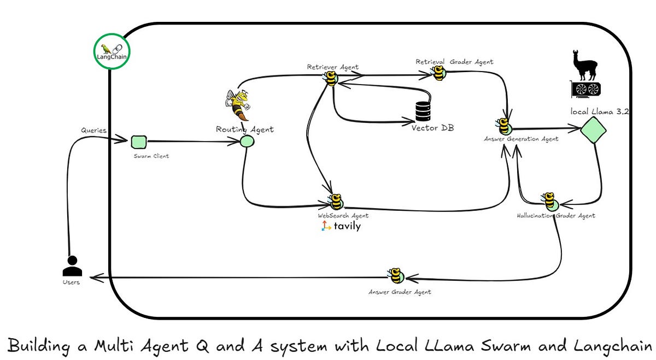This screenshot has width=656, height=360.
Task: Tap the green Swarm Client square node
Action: [139, 142]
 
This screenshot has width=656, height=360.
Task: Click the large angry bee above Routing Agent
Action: [238, 105]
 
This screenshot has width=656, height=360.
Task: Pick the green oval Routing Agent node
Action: [247, 141]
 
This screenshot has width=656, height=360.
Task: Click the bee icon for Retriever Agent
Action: [331, 79]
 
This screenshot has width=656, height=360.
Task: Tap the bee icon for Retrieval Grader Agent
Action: [439, 73]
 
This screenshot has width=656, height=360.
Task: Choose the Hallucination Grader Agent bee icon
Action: [549, 201]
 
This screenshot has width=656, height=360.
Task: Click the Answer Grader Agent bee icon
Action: [395, 276]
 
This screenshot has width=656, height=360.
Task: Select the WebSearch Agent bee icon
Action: [336, 202]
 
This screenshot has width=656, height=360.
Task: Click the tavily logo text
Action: [347, 226]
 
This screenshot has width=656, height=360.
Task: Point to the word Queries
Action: [93, 131]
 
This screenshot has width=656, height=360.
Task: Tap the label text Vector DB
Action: [432, 128]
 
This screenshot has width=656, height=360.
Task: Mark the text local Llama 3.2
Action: [600, 111]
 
